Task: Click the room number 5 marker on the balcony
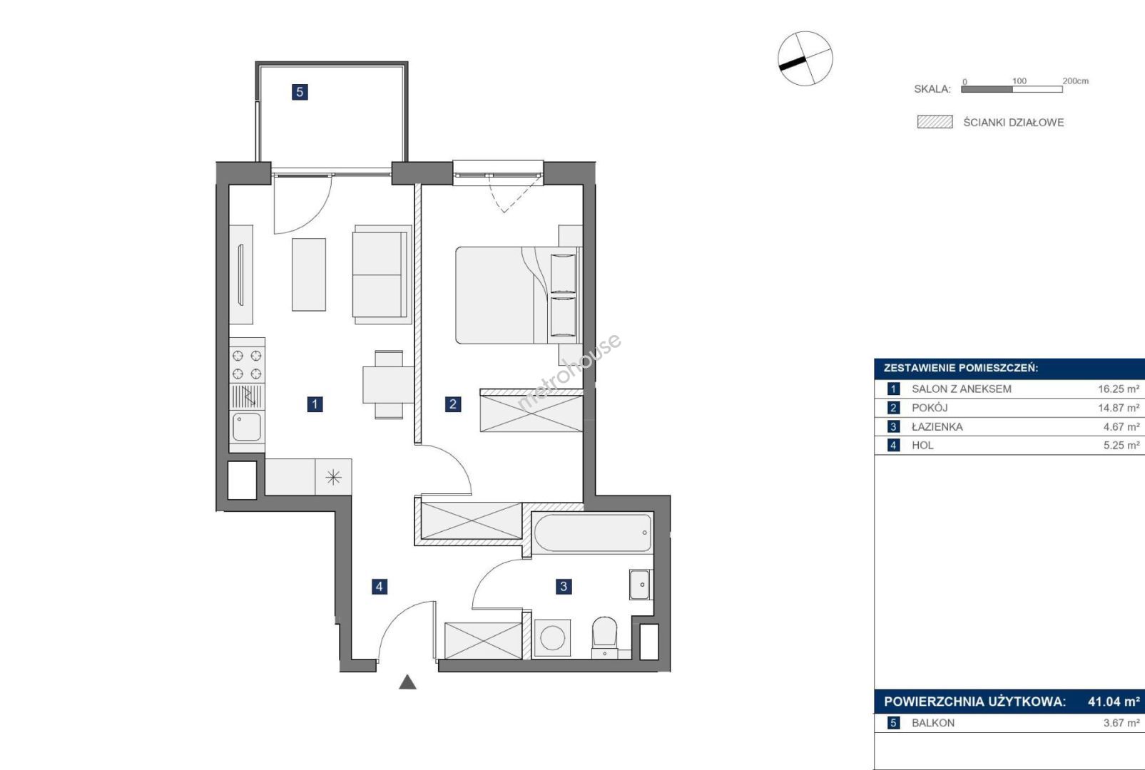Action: click(300, 92)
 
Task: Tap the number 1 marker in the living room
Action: click(315, 404)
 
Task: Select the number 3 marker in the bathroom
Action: click(564, 587)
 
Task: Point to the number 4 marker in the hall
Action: click(380, 587)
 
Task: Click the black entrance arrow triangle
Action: click(407, 682)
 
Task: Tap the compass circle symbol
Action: click(805, 58)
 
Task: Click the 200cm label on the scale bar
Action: click(1076, 81)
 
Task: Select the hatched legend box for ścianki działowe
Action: click(935, 122)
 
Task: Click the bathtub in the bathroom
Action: click(592, 533)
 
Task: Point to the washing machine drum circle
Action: click(553, 638)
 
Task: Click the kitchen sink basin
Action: click(247, 426)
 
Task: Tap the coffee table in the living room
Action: click(309, 274)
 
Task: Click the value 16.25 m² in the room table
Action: click(1119, 389)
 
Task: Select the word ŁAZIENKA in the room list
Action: click(937, 426)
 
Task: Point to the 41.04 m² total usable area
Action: click(1114, 702)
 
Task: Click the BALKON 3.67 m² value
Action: click(1121, 723)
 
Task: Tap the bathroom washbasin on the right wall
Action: click(639, 585)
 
